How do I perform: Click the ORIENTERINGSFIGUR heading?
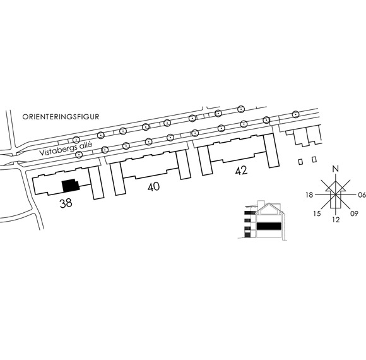click(x=61, y=117)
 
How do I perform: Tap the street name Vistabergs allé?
click(x=66, y=149)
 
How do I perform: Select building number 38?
click(x=66, y=203)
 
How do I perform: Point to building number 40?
click(x=153, y=187)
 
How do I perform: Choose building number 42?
click(x=241, y=171)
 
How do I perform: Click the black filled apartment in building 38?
click(x=71, y=186)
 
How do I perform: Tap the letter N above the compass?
click(x=336, y=169)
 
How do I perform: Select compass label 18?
click(x=309, y=195)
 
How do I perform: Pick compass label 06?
click(x=362, y=195)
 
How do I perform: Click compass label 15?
click(x=317, y=213)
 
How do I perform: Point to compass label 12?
click(x=336, y=220)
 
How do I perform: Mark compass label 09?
click(x=354, y=213)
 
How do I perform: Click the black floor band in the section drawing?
click(x=269, y=226)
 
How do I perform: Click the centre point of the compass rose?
click(x=336, y=195)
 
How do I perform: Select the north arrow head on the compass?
click(x=336, y=186)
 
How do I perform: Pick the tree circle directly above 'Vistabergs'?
click(x=76, y=140)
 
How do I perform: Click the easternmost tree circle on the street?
click(x=295, y=114)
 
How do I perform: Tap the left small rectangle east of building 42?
click(x=300, y=162)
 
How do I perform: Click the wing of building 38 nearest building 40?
click(x=96, y=183)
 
